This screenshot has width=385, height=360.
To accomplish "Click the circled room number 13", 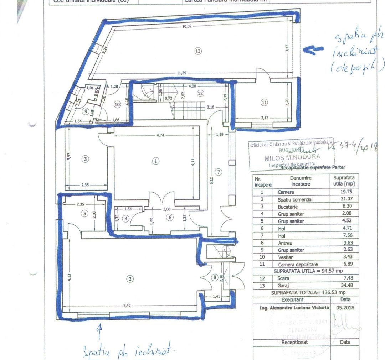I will tap(198, 51).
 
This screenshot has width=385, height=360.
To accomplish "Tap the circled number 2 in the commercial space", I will tap(130, 279).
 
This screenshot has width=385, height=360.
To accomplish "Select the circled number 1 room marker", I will tap(155, 161).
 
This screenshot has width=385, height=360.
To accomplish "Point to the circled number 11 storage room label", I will tap(264, 103).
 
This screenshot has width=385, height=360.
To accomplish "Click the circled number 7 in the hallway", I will tap(219, 172).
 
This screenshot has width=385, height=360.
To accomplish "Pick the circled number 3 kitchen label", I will tap(85, 159).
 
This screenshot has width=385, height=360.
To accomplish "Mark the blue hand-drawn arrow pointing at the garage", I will tap(312, 50).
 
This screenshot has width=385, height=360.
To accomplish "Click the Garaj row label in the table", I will tap(284, 286).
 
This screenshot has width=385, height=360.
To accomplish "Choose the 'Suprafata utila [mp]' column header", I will tap(344, 181).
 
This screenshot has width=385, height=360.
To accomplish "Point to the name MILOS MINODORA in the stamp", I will tap(292, 156).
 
